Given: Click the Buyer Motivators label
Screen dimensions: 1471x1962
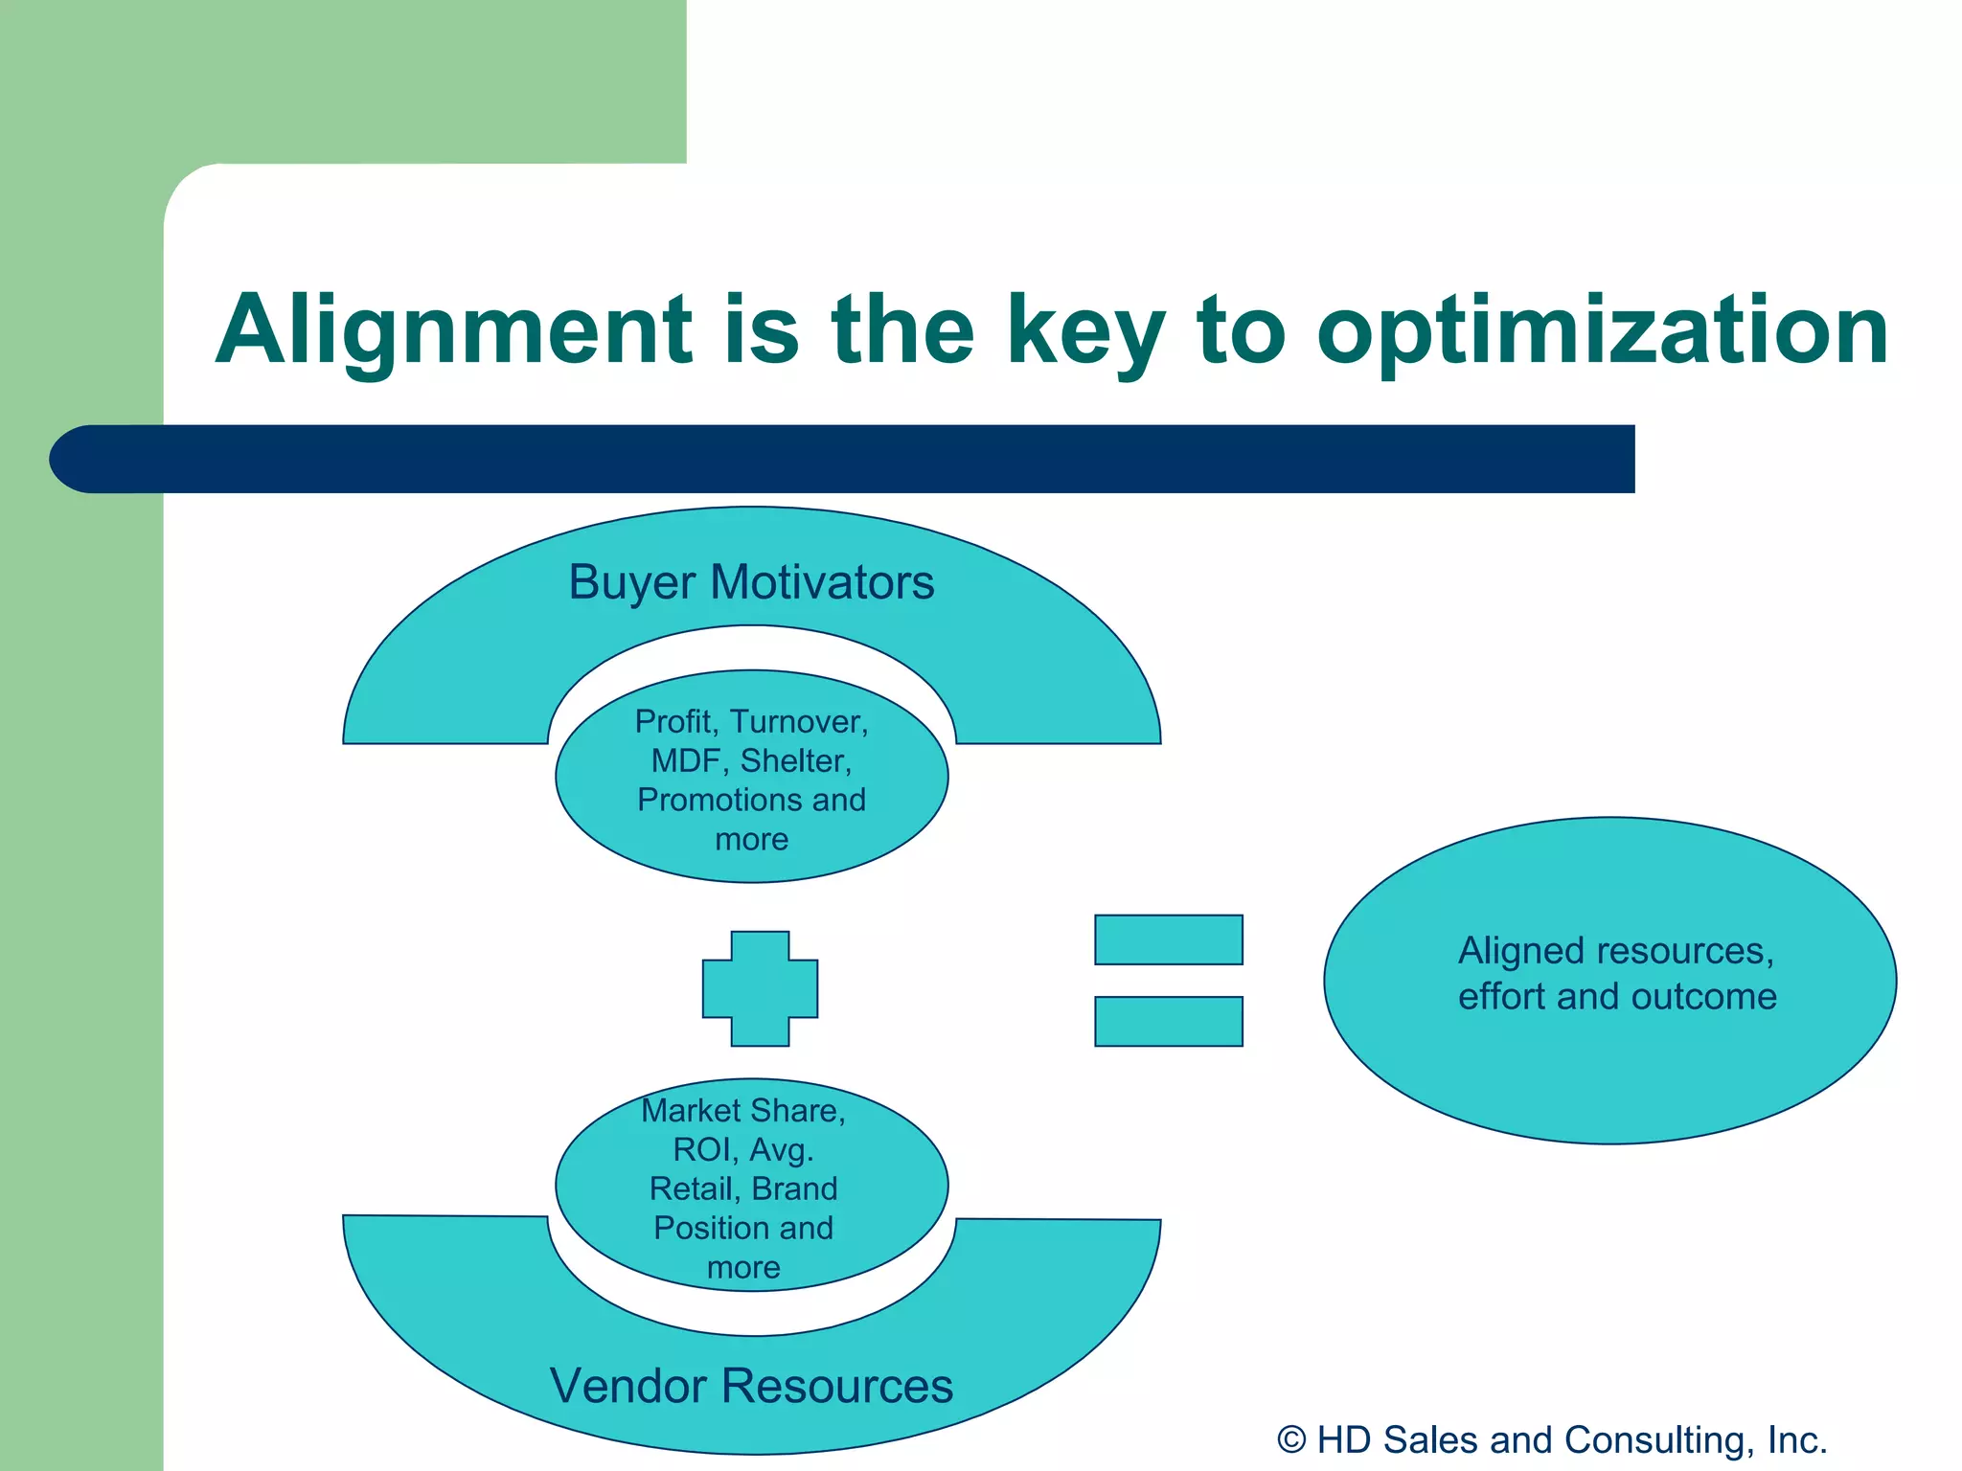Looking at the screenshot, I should coord(751,582).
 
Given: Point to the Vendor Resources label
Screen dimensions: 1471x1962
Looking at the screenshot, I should coord(751,1386).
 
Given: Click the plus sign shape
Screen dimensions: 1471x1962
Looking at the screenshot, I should coord(760,988).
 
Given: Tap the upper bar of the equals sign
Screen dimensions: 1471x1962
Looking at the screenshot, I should coord(1168,939).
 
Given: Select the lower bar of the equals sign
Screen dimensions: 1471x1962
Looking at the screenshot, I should coord(1168,1021).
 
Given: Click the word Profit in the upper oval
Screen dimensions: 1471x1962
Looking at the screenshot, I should coord(676,721).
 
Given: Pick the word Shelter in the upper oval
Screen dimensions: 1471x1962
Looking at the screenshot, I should coord(794,760).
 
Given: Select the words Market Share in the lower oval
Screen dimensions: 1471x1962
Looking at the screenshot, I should coord(742,1110).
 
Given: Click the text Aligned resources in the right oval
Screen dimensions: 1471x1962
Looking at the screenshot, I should coord(1615,951).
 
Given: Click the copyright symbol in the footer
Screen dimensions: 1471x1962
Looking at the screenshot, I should coord(1291,1440).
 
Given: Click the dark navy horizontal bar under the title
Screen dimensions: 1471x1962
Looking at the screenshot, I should coord(862,459).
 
